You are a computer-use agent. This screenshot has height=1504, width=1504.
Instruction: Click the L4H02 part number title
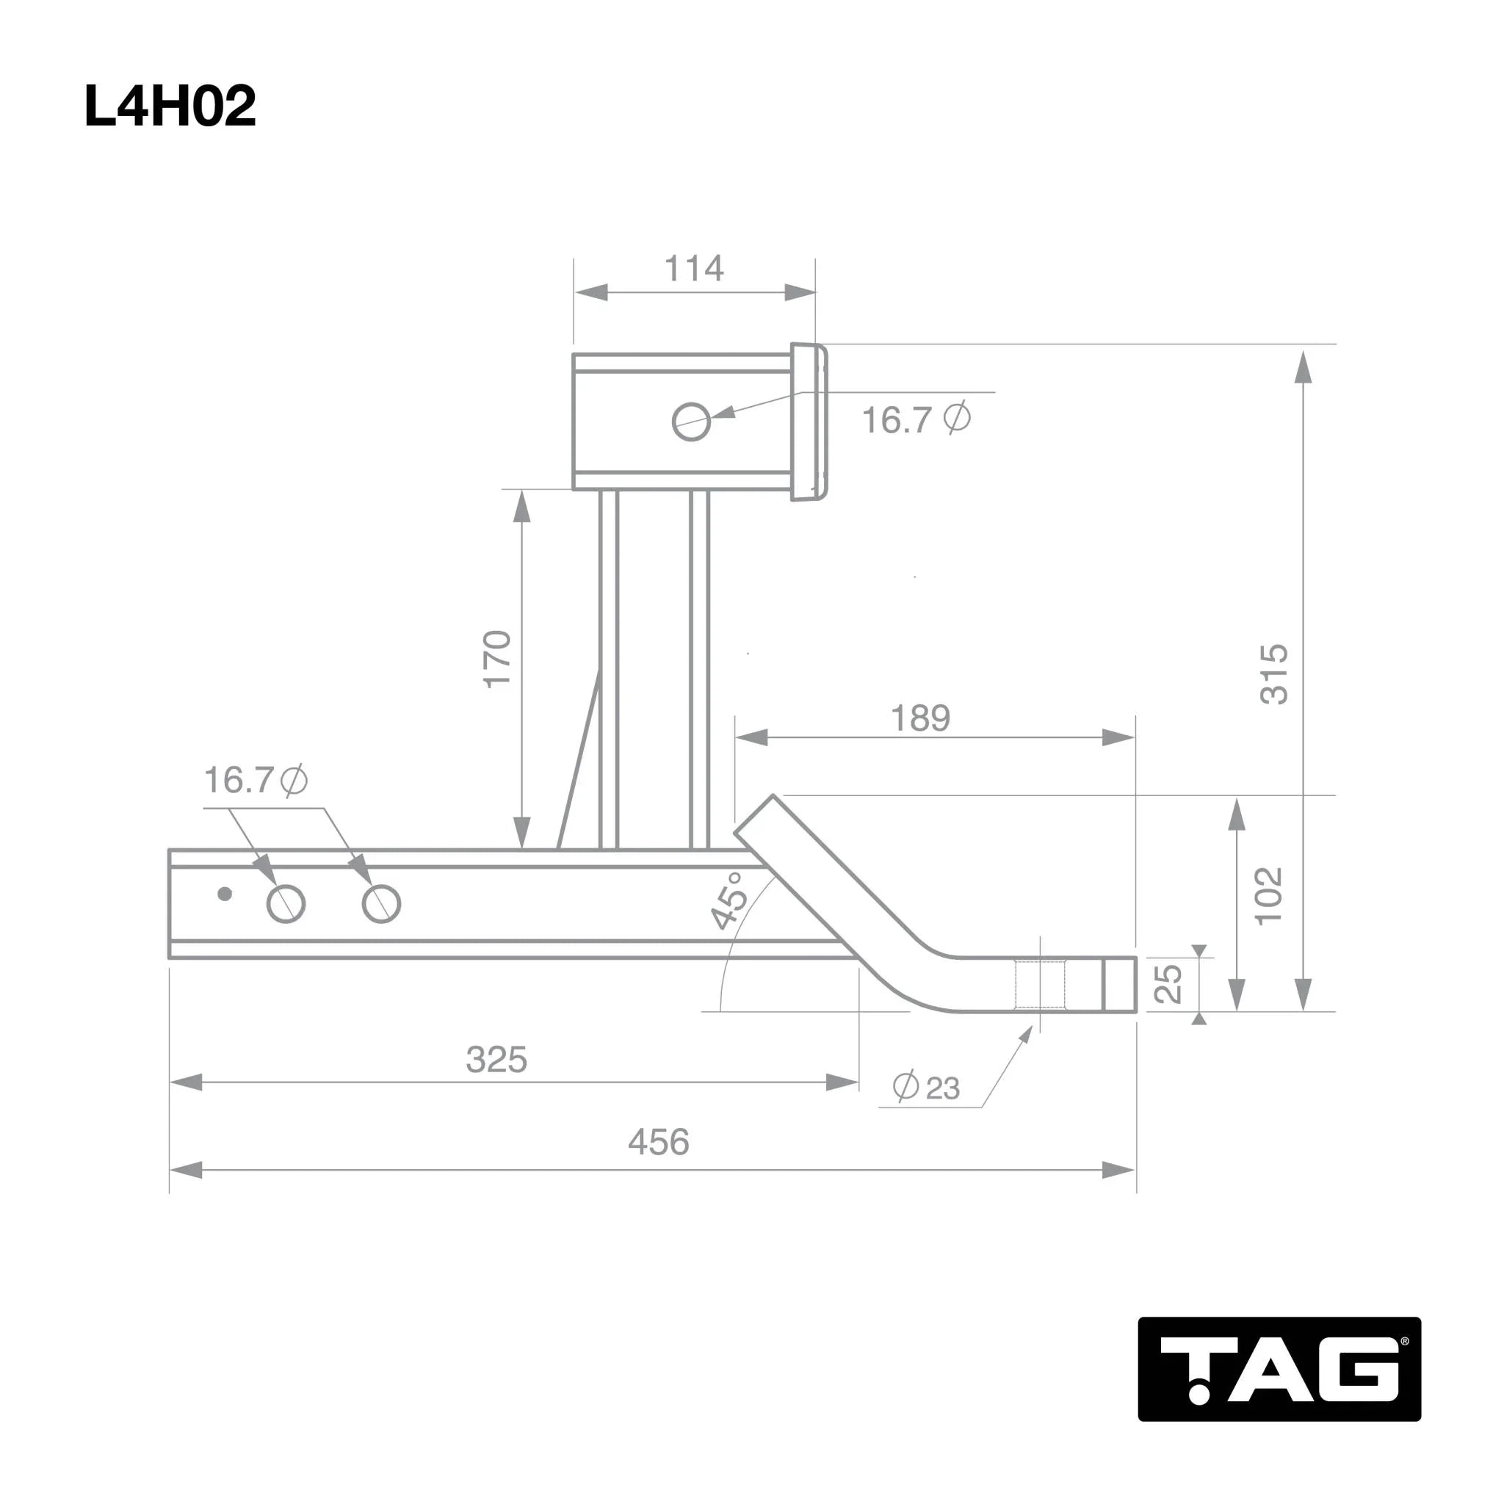click(x=170, y=106)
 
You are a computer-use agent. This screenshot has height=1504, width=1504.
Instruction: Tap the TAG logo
click(x=1279, y=1370)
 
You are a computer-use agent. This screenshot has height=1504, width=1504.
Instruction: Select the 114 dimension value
click(x=693, y=269)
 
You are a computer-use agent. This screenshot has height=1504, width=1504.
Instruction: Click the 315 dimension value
click(x=1273, y=674)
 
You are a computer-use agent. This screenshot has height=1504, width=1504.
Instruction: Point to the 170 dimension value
click(x=496, y=659)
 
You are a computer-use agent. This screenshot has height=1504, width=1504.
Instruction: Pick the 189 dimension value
click(x=920, y=717)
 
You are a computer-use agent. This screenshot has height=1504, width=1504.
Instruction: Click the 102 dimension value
click(x=1268, y=895)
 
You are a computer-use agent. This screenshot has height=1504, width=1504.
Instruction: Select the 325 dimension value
click(x=496, y=1060)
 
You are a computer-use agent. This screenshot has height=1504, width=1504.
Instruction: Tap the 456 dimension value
click(x=659, y=1142)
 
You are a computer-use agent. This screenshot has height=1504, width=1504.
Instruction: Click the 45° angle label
click(x=730, y=900)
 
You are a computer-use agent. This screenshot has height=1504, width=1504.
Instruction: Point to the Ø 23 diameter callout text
click(x=926, y=1087)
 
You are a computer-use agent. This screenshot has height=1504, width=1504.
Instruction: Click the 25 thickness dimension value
click(x=1168, y=983)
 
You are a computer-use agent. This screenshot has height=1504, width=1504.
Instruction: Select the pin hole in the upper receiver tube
click(x=690, y=422)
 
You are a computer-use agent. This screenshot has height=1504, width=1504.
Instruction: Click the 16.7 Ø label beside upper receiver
click(x=916, y=419)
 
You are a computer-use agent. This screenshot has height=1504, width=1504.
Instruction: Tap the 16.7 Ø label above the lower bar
click(x=256, y=779)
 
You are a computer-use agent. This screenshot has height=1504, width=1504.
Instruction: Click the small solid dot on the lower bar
click(x=225, y=894)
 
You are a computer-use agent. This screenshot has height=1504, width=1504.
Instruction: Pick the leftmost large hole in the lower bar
click(x=286, y=904)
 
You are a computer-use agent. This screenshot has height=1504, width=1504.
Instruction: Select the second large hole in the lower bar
click(x=381, y=904)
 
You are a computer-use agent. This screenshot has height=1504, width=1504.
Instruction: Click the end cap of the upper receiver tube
click(x=809, y=422)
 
